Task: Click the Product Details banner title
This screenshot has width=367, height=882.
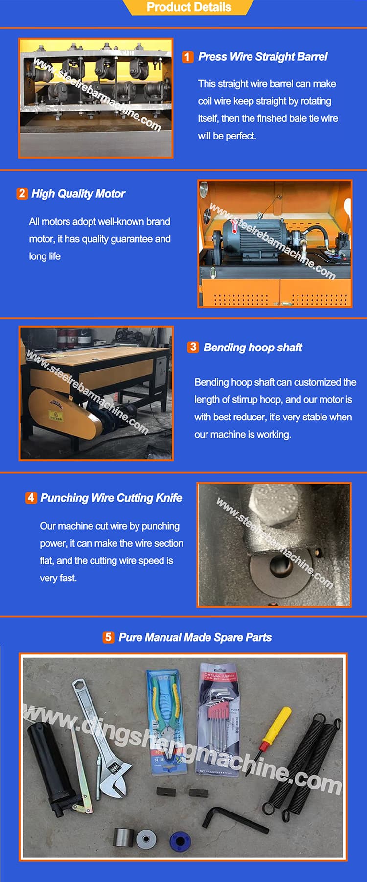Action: (189, 7)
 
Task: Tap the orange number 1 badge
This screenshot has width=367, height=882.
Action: (187, 57)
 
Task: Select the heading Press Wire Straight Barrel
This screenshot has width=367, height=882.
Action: (262, 57)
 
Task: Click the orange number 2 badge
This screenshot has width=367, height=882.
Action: (22, 193)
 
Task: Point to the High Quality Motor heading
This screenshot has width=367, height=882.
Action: (78, 194)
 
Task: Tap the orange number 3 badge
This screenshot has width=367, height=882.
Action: (193, 347)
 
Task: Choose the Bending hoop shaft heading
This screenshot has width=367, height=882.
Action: (252, 348)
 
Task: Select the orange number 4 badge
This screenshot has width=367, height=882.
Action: (31, 498)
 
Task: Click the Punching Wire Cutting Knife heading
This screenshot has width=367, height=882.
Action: (111, 498)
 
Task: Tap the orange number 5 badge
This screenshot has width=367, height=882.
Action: (108, 637)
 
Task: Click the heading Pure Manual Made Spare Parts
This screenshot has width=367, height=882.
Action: (195, 637)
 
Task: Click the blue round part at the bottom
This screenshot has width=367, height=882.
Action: (180, 840)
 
